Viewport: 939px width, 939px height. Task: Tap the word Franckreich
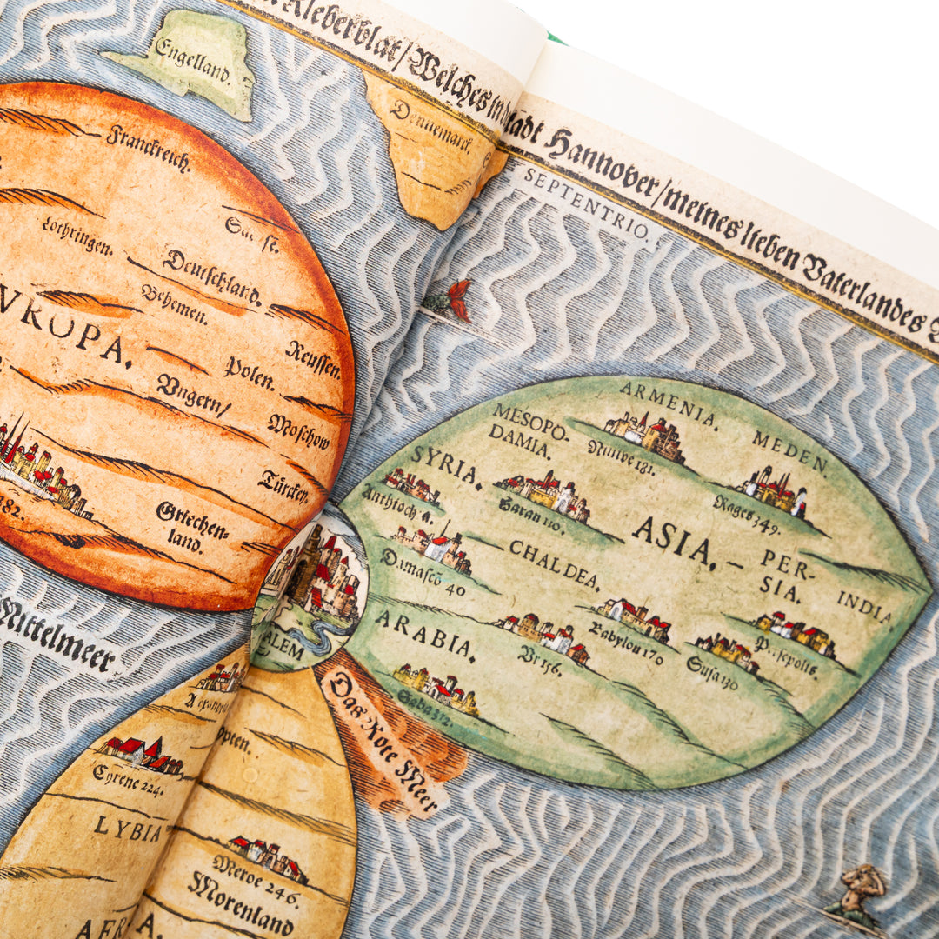[x=148, y=149]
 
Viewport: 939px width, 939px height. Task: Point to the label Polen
[x=249, y=373]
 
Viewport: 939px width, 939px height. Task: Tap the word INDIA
[x=864, y=608]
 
